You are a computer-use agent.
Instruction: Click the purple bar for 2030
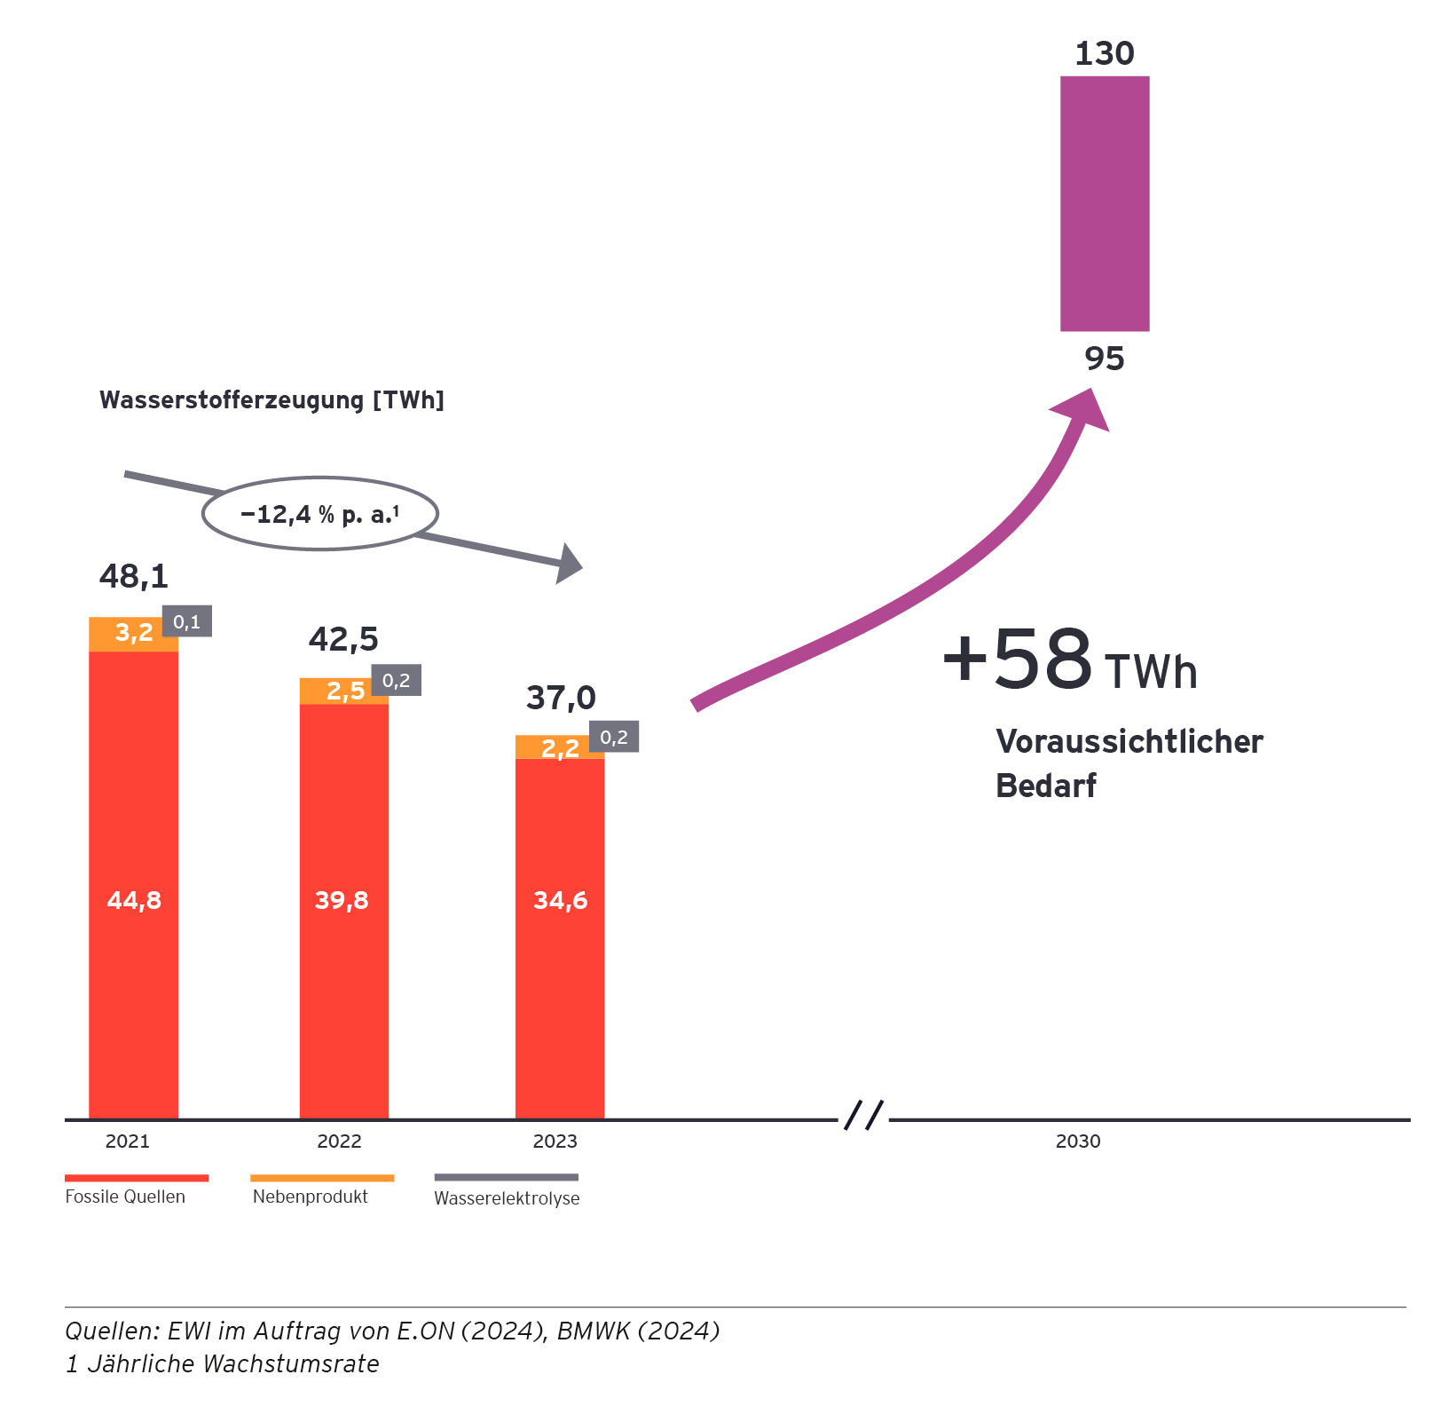click(1105, 203)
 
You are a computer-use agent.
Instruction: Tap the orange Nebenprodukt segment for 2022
click(343, 691)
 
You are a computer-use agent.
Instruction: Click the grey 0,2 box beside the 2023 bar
click(614, 737)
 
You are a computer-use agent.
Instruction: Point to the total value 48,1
click(134, 577)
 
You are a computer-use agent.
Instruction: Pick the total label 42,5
click(343, 639)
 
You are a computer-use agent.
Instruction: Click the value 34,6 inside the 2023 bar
click(560, 901)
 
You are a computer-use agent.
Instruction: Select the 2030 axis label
click(1077, 1142)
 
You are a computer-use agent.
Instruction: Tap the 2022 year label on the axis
click(339, 1142)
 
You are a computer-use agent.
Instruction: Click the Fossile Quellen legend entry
click(125, 1197)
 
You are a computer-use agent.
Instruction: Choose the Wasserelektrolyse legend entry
click(507, 1198)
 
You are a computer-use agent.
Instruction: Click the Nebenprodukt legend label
click(310, 1197)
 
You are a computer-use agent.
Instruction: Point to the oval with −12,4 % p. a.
click(320, 514)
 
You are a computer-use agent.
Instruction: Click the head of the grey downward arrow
click(568, 564)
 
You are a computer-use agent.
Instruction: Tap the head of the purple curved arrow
click(1086, 409)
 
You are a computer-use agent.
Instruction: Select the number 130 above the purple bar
click(1105, 54)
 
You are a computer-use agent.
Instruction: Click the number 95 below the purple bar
click(1105, 359)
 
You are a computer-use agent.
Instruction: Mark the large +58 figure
click(1018, 660)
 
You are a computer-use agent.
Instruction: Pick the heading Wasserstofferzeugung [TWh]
click(271, 400)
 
